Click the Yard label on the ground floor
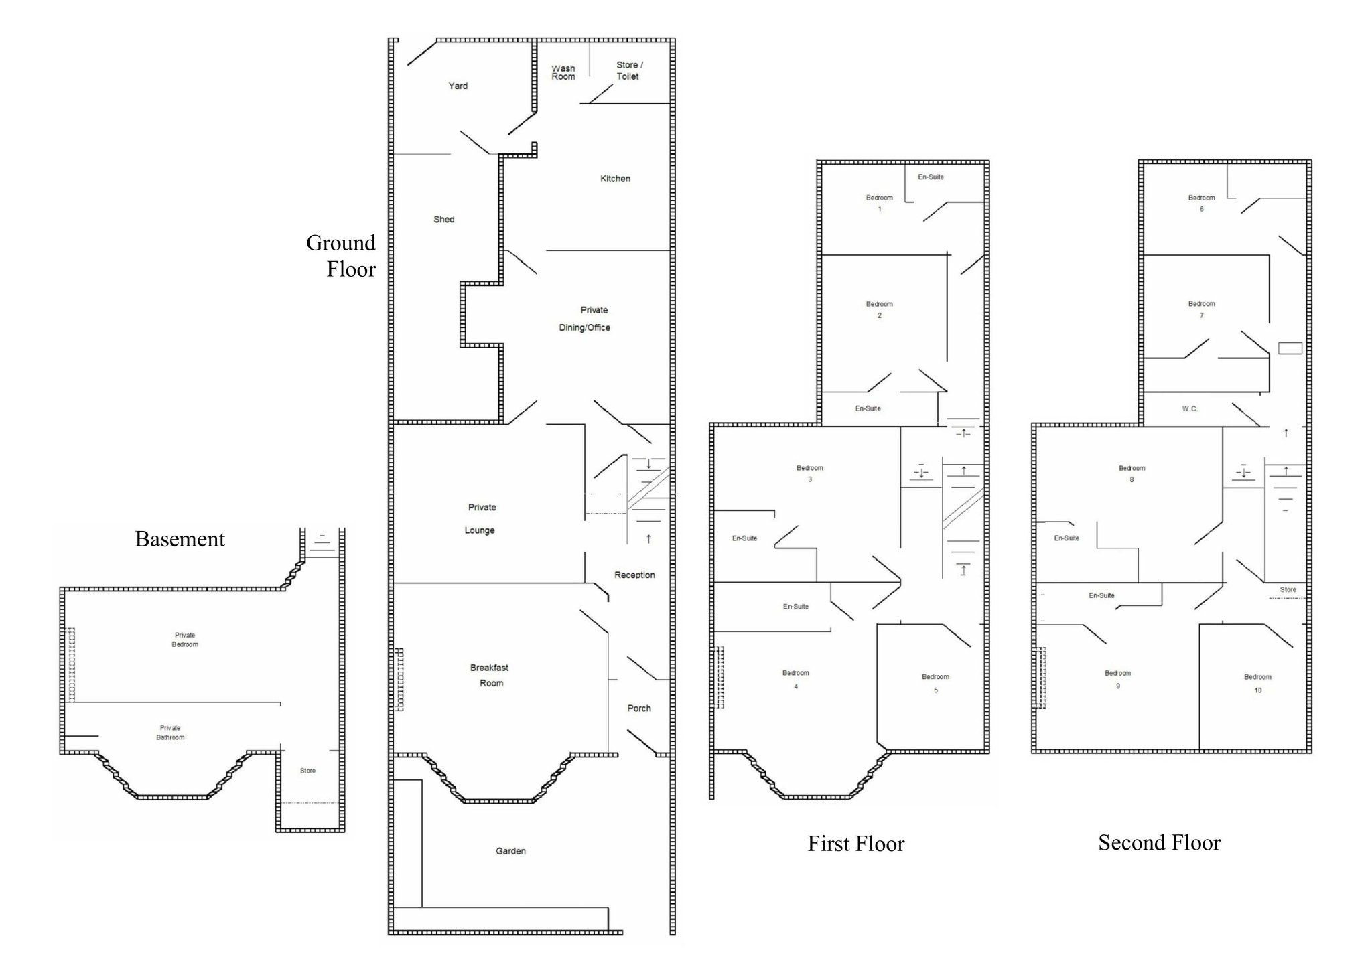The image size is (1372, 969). pos(458,86)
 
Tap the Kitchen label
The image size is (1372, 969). pos(615,179)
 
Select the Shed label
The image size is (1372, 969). pos(443,219)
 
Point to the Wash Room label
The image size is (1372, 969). pos(563,72)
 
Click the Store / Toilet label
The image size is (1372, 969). pos(629,70)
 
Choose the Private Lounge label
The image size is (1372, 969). pos(481,519)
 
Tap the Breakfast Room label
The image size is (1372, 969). pos(490,675)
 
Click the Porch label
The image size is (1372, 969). pos(639,708)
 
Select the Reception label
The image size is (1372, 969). pos(634,575)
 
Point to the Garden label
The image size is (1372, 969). pos(510,851)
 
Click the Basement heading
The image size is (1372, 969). pos(180,539)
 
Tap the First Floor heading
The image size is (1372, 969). pos(856,844)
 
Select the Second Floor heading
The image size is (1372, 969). pos(1160,842)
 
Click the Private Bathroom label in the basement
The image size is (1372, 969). pos(170,733)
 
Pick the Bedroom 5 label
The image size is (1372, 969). pos(935,683)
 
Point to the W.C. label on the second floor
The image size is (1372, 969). pos(1190,408)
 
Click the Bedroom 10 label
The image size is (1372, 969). pos(1257,683)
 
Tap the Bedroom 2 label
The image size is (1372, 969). pos(879,309)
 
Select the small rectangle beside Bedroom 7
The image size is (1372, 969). pos(1290,348)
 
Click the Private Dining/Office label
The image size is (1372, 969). pos(585,319)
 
